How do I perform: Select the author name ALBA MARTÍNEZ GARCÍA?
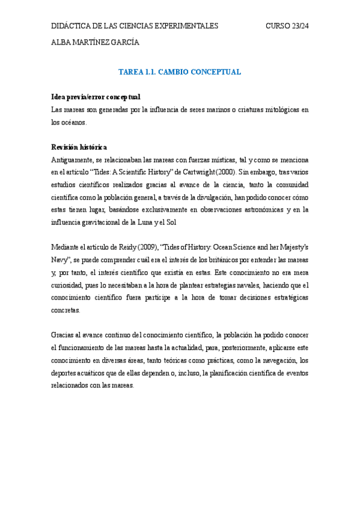[95, 42]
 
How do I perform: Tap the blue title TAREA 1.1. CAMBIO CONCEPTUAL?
[180, 72]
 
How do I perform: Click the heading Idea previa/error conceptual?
[96, 97]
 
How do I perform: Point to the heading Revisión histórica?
[79, 147]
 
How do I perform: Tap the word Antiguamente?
[73, 160]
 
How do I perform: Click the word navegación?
[277, 361]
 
